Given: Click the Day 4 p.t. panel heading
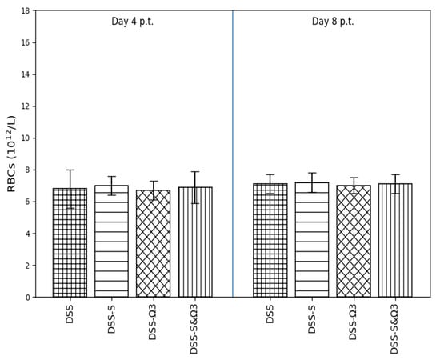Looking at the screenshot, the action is [x=133, y=22].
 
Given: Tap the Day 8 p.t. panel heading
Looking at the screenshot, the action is [x=333, y=22].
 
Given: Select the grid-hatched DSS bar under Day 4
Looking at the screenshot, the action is [x=70, y=242].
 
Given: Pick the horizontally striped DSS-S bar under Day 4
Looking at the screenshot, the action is [x=111, y=241].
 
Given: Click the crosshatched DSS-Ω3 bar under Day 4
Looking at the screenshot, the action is [x=154, y=243].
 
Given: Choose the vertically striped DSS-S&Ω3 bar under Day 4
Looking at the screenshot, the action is [x=195, y=242].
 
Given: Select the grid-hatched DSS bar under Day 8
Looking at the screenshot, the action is [x=270, y=240].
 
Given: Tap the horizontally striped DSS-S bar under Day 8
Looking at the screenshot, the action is [x=312, y=240].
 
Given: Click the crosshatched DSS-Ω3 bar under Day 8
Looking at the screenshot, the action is [x=354, y=241].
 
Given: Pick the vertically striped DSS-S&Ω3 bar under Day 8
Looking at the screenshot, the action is [x=395, y=240].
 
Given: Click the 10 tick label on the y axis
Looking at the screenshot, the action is [x=26, y=138].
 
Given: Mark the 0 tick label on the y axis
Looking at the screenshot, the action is [x=28, y=298].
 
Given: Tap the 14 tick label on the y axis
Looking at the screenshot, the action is [x=26, y=74].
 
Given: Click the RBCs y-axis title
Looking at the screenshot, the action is [x=11, y=154].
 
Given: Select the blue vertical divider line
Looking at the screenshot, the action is [x=233, y=154].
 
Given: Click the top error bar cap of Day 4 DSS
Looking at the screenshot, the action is [x=70, y=170].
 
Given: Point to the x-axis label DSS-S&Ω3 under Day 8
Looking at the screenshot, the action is [x=395, y=329].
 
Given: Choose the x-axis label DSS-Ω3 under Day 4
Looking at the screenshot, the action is [x=152, y=322].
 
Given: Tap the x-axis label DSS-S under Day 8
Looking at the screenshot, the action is [x=311, y=318].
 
